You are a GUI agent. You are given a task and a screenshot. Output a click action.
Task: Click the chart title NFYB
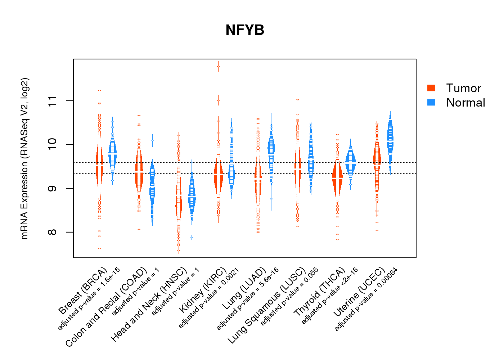click(x=245, y=30)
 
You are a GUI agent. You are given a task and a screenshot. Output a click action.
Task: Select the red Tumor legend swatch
click(x=431, y=88)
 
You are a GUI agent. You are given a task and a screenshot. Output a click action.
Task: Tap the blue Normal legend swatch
click(x=431, y=103)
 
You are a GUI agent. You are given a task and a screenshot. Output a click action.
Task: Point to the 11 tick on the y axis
click(x=53, y=101)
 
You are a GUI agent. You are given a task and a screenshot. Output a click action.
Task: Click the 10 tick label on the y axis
click(x=53, y=144)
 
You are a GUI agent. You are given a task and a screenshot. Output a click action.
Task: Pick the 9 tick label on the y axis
click(x=53, y=188)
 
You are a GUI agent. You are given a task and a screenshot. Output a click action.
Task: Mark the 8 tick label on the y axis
click(x=53, y=232)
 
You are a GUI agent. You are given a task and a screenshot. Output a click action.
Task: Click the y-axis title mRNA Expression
click(x=24, y=158)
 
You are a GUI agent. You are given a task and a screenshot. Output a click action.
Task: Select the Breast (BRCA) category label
click(x=83, y=291)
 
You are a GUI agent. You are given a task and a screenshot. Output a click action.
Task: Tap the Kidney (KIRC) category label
click(x=203, y=290)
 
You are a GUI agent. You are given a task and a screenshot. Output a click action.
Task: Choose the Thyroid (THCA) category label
click(x=320, y=292)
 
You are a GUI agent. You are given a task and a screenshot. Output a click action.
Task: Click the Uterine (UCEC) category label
click(x=359, y=293)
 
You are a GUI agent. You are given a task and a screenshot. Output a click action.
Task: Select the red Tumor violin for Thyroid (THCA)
click(x=337, y=178)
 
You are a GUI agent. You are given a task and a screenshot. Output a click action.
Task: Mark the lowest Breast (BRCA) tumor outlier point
click(x=99, y=249)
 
